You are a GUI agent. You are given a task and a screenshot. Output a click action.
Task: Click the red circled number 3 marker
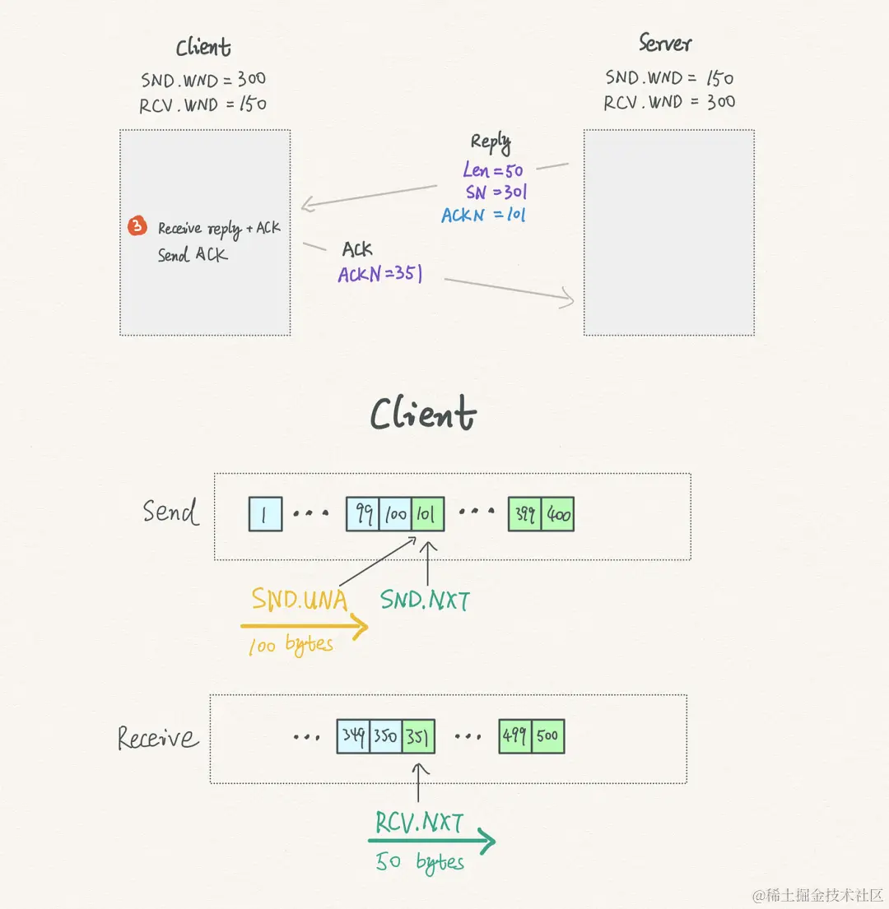[138, 226]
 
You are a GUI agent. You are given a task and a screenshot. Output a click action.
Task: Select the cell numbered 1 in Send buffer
[265, 515]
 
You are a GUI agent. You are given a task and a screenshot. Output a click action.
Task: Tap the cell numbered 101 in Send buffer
[428, 515]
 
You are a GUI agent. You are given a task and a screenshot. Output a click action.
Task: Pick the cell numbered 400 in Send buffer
[557, 515]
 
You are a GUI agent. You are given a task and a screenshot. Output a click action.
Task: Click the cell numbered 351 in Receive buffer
[419, 736]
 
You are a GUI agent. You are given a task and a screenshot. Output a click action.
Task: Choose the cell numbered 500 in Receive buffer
[548, 736]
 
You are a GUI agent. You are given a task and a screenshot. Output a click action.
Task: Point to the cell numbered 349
[353, 736]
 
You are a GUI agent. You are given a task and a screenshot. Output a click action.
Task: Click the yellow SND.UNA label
[300, 600]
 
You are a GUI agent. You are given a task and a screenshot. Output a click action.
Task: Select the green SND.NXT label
[425, 601]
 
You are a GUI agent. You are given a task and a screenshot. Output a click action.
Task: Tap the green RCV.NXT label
[420, 823]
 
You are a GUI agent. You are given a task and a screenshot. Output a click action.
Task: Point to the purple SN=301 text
[496, 193]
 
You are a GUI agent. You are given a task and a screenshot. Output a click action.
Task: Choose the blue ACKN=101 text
[483, 216]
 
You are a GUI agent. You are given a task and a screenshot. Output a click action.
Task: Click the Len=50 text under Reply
[492, 170]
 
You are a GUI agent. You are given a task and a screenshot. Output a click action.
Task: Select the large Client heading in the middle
[423, 413]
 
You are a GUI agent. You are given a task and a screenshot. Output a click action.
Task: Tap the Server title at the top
[665, 43]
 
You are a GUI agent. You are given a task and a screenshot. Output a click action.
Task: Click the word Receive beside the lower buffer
[158, 737]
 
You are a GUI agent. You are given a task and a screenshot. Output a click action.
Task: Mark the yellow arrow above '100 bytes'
[305, 628]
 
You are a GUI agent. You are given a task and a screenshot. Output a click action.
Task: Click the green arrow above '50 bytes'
[431, 841]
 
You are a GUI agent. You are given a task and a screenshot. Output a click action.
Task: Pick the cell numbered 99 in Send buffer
[363, 515]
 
